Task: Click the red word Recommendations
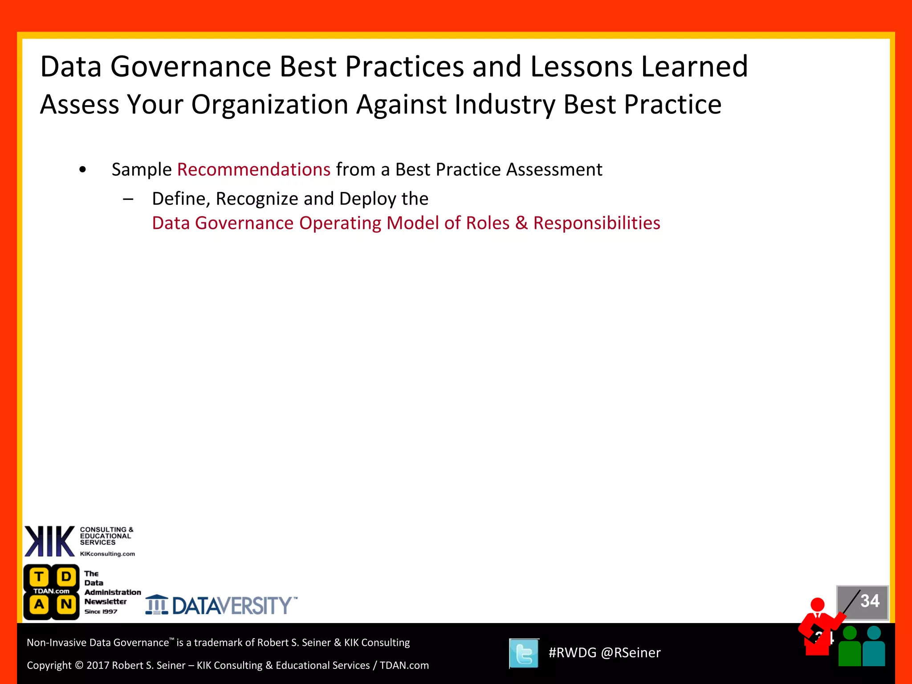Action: point(254,170)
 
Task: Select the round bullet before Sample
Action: point(82,170)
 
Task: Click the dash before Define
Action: point(128,199)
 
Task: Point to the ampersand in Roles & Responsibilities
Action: point(521,223)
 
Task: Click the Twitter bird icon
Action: point(524,653)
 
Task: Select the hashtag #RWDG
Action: point(572,653)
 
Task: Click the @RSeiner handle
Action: point(631,653)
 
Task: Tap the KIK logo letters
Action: point(49,541)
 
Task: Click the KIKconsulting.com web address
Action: point(107,554)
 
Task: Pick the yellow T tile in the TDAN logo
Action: point(39,577)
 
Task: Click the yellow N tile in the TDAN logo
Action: point(66,605)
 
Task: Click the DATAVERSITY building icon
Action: point(157,605)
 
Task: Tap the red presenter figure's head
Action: point(818,605)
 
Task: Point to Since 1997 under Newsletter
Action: point(101,612)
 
